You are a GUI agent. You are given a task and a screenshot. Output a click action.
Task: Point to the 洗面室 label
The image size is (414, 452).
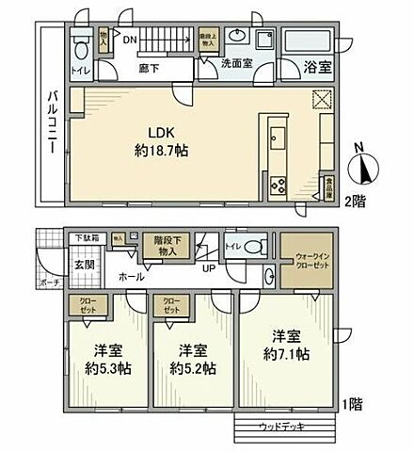237,65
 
